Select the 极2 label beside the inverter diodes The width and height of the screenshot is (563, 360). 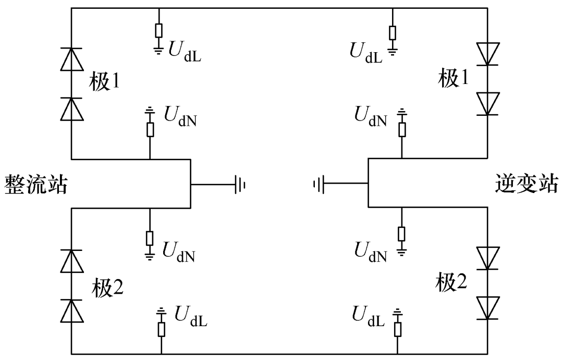(x=454, y=282)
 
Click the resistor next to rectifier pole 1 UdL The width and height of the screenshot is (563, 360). (x=158, y=31)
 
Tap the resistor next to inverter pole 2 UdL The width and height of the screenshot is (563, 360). (x=397, y=329)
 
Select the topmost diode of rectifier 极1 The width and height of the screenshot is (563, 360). (x=71, y=58)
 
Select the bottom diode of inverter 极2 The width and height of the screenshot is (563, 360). (x=488, y=308)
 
